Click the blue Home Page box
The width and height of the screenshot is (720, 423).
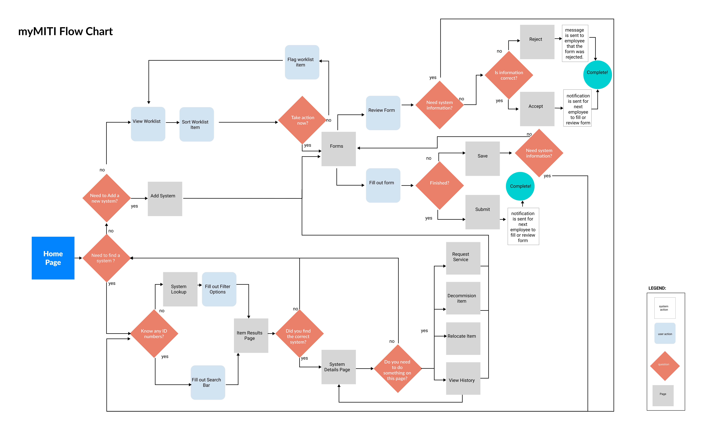[53, 258]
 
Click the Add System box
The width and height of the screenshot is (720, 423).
[165, 199]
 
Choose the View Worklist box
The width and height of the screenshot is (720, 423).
[148, 124]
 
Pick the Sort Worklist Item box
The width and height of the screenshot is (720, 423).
[197, 124]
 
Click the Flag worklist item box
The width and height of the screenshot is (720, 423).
[302, 62]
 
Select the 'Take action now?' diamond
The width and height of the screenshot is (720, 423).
[302, 120]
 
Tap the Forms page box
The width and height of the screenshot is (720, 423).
[339, 149]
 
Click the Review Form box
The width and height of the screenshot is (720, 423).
[383, 113]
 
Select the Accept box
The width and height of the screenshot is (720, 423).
[537, 109]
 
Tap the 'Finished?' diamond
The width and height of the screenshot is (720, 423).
[439, 185]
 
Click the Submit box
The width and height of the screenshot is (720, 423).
[483, 212]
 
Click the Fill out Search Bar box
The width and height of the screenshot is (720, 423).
[208, 382]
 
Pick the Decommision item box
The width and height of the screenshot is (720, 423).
[463, 298]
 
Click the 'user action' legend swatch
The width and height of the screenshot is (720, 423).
[665, 333]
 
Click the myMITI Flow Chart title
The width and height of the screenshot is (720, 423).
[65, 31]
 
